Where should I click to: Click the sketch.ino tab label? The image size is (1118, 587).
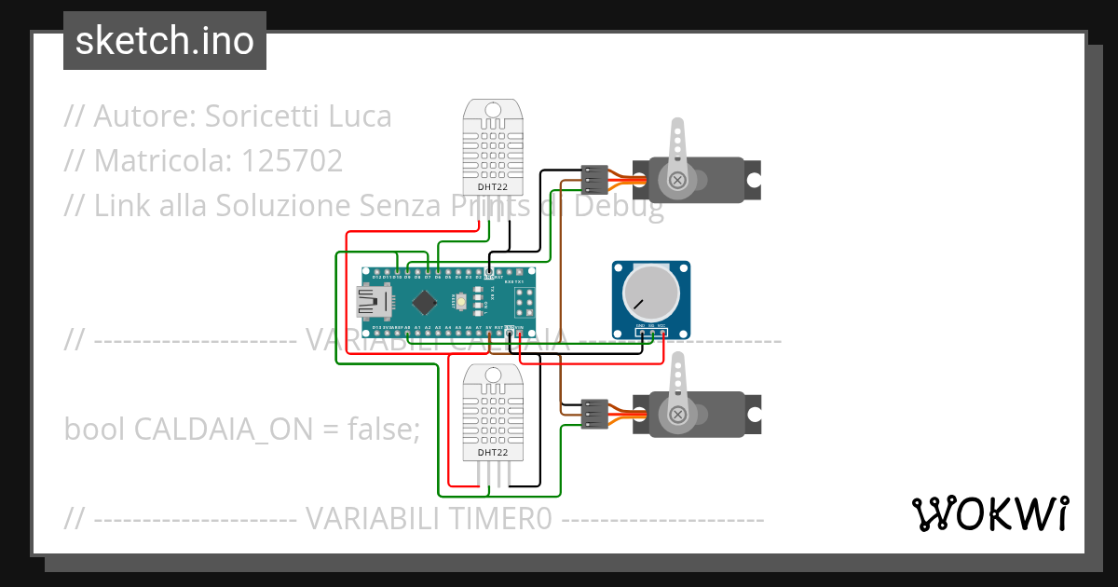tap(165, 41)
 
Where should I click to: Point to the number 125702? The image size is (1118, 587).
tap(292, 161)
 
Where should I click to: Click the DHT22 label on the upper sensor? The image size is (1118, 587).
tap(493, 187)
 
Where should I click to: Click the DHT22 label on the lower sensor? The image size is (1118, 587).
tap(493, 453)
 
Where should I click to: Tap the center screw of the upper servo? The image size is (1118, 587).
tap(679, 179)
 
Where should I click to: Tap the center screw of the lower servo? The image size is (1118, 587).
tap(679, 414)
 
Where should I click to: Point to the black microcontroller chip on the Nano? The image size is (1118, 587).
tap(426, 301)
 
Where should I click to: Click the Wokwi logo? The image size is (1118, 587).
tap(989, 513)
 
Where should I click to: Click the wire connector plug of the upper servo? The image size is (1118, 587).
tap(593, 178)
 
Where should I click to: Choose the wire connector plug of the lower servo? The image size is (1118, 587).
tap(593, 413)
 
